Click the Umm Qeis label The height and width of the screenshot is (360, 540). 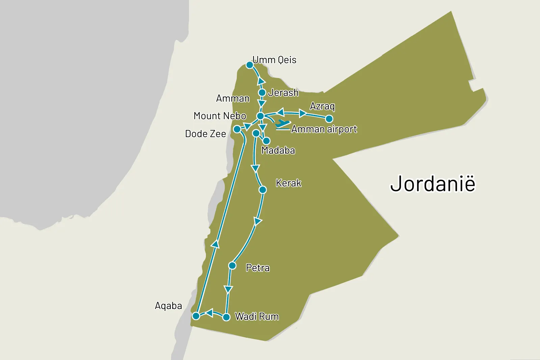[274, 60]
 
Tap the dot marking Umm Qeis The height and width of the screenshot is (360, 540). [249, 65]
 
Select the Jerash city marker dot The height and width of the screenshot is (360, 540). [262, 93]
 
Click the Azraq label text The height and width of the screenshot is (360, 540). [322, 106]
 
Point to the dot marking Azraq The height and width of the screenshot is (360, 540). [329, 119]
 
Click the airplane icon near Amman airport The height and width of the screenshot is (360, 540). [283, 124]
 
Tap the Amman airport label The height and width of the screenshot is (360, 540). [324, 129]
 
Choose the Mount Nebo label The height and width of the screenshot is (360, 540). [220, 116]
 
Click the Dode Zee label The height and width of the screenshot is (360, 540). [206, 134]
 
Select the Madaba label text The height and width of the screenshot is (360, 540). [278, 150]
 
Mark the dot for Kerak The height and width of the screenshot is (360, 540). [263, 190]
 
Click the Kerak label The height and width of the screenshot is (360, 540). [288, 183]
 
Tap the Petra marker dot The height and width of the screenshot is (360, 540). [232, 266]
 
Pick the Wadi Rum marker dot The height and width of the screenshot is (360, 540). [227, 317]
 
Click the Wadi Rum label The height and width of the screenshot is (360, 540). [257, 316]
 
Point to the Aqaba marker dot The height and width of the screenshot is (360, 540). [196, 316]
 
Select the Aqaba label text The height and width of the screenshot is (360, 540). [168, 306]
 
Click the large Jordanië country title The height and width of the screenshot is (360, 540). [433, 184]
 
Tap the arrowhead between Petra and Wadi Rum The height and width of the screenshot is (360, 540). [228, 289]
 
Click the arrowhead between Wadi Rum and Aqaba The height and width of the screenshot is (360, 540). [209, 313]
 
